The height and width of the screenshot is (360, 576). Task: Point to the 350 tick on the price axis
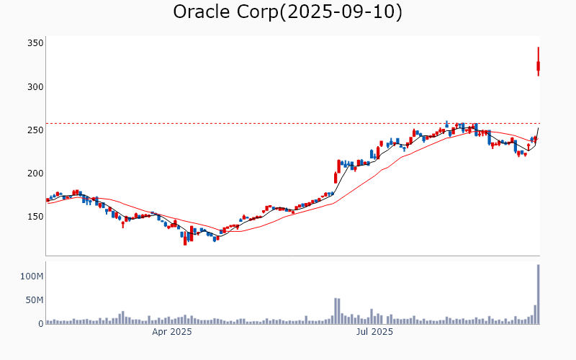tap(35, 43)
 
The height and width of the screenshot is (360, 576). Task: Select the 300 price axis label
tap(35, 86)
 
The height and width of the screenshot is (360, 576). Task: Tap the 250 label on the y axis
tap(35, 130)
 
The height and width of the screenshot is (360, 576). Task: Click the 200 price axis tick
tap(35, 173)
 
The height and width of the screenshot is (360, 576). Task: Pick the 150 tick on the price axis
tap(35, 216)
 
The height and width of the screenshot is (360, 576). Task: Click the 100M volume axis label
tap(32, 276)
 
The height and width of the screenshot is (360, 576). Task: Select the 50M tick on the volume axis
tap(34, 300)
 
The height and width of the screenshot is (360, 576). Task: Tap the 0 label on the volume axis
tap(41, 324)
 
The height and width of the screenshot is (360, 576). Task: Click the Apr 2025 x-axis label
tap(171, 333)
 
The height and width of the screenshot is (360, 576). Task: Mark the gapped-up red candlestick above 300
tap(538, 66)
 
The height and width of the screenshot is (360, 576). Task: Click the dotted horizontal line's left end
tap(48, 123)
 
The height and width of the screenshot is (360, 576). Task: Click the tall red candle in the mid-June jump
tap(336, 176)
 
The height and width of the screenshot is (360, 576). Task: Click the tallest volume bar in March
tap(122, 318)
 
